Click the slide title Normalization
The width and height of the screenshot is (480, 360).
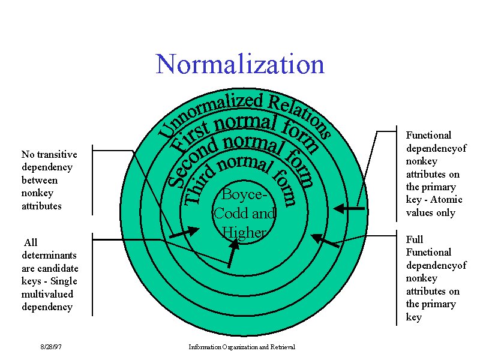coord(240,64)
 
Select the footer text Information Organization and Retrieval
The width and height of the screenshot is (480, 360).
coord(245,347)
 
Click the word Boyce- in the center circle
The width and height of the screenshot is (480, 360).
coord(242,194)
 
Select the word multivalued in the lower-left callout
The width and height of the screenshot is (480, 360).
coord(47,293)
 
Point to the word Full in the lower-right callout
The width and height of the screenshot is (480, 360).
coord(415,239)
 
